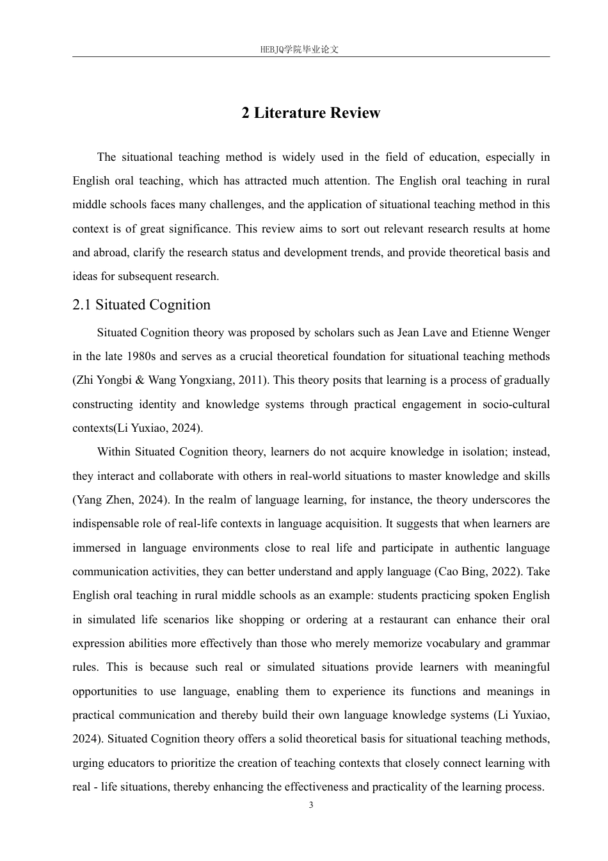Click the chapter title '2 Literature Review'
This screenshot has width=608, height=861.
coord(311,113)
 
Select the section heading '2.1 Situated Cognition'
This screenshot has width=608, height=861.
coord(141,305)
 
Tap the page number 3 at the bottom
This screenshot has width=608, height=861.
coord(311,805)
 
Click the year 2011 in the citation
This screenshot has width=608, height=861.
coord(252,380)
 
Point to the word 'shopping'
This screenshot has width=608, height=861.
coord(261,619)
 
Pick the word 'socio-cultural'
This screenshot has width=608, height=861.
coord(512,404)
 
